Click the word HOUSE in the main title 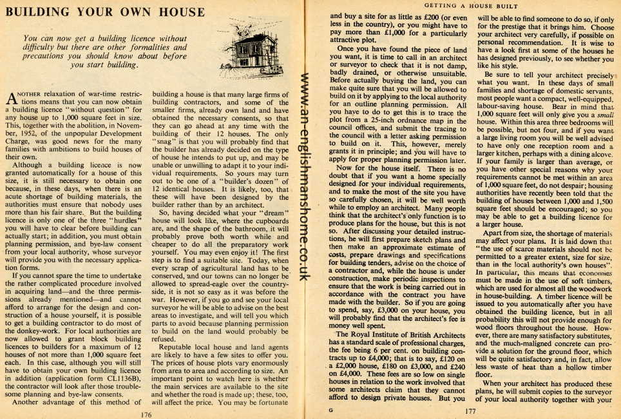[161, 11]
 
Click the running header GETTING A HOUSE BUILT [459, 5]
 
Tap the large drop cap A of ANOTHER [11, 99]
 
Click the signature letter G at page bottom [330, 409]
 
